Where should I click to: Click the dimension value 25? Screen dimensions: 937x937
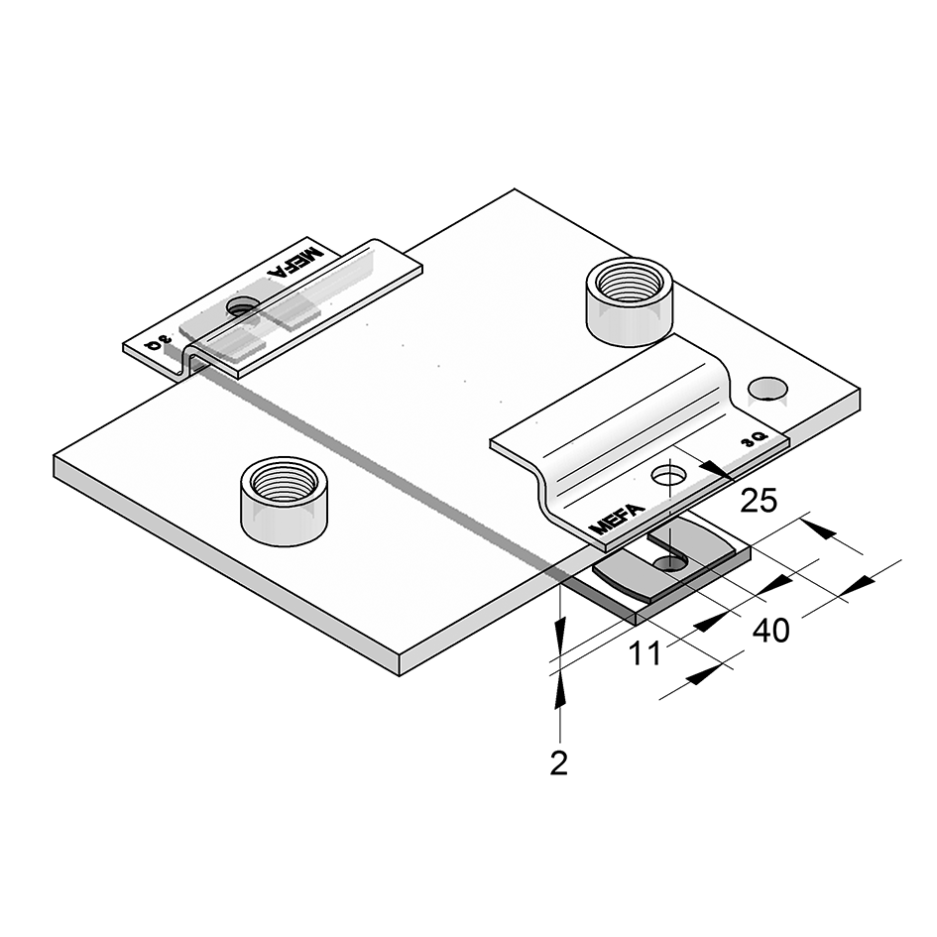759,500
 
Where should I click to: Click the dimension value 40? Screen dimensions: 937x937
770,631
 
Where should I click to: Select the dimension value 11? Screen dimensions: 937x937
645,653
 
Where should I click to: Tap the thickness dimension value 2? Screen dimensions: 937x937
559,763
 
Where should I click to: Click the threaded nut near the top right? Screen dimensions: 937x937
630,301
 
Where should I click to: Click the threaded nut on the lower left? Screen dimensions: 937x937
284,500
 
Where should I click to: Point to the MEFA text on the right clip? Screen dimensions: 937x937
617,519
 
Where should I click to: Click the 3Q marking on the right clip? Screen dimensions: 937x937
754,440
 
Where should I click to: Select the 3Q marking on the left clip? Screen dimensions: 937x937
157,343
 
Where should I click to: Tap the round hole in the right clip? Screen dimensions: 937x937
668,476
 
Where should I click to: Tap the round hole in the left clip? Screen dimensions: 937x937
243,307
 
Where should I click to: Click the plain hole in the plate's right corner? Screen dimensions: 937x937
767,389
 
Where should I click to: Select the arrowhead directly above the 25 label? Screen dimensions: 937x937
717,470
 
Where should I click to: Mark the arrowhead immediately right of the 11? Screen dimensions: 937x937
711,622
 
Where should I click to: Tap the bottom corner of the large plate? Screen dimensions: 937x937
400,675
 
